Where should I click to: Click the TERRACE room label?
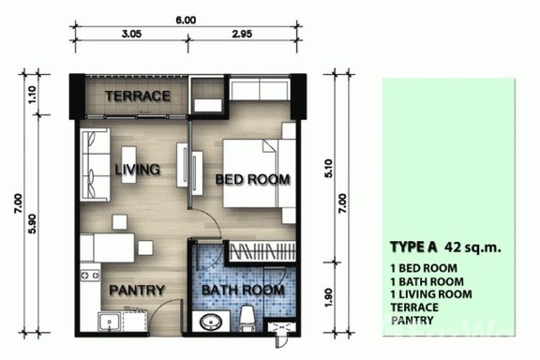138,97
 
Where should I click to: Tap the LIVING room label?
138,170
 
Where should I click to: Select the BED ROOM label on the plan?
252,179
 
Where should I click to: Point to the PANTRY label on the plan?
137,291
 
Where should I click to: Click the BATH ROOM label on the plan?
243,290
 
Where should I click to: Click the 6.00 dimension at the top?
186,20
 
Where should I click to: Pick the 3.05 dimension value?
131,34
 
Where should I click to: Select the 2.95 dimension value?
242,34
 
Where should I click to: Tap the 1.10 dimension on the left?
32,95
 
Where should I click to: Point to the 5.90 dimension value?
32,224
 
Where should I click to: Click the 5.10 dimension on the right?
329,169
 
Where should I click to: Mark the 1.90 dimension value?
329,298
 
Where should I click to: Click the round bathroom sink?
211,322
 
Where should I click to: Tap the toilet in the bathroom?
247,318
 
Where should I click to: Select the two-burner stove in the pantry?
90,276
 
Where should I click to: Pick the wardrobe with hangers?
261,251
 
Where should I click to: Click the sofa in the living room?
96,165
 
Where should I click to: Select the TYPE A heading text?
413,247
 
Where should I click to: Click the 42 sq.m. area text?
472,247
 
